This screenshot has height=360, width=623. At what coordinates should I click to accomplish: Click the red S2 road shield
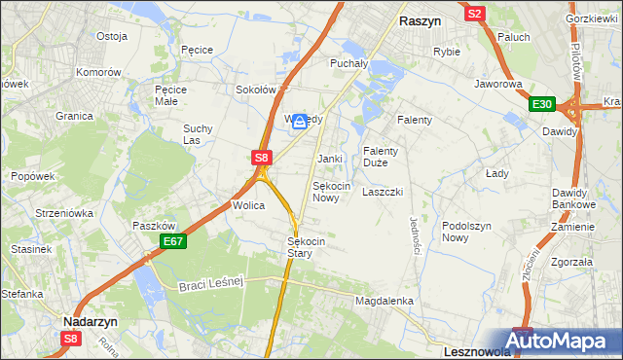(x=475, y=14)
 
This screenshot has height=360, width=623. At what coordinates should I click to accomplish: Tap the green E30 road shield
(x=542, y=105)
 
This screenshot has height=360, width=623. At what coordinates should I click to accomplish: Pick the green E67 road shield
(x=172, y=241)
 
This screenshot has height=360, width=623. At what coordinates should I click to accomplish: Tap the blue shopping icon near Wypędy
(x=301, y=121)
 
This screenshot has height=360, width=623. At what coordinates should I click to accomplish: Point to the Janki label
(x=329, y=159)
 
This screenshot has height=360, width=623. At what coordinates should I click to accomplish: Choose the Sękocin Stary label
(x=306, y=247)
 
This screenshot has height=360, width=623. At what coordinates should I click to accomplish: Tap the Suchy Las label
(x=198, y=134)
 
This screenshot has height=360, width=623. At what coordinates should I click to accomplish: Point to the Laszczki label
(x=382, y=193)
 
